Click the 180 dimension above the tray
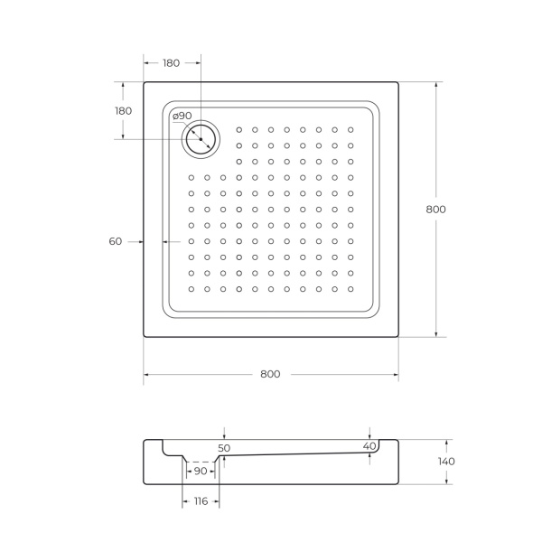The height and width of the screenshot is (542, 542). coord(171,63)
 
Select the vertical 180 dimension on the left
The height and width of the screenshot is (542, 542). coord(123,110)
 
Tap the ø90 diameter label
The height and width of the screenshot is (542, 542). coord(182,116)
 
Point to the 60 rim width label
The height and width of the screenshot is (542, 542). coord(115,241)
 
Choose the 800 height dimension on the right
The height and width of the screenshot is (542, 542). coord(435,209)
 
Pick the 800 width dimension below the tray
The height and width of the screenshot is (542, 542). coord(270,374)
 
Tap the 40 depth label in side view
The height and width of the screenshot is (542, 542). coord(369,446)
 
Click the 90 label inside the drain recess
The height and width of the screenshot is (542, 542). coord(200,472)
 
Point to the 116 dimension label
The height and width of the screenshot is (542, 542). coord(200,500)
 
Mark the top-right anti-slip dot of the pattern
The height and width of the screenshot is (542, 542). coord(350,129)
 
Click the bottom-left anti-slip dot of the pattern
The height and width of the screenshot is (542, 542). coord(192,289)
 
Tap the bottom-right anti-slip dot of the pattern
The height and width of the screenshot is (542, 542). coord(350,289)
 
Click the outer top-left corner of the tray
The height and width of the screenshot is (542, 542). coord(144,83)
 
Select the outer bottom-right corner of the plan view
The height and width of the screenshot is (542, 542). coord(398,336)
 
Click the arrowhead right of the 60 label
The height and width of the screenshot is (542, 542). coord(166,241)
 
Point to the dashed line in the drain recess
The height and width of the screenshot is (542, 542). coord(200,461)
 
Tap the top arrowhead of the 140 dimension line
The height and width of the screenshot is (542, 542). coord(446,442)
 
